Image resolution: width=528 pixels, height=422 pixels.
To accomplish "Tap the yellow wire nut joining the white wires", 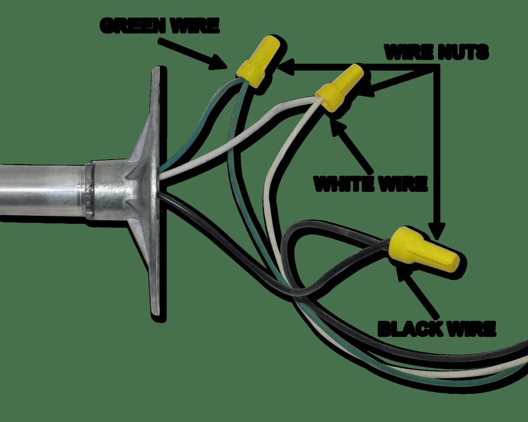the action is tap(339, 87).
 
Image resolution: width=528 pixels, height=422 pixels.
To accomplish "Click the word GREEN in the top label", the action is tap(132, 26).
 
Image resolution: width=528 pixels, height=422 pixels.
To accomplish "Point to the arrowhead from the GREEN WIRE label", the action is tap(218, 63).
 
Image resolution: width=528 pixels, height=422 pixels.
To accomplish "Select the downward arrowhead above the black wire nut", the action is tap(436, 231).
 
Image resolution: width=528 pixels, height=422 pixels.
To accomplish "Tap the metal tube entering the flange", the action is tap(43, 190).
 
